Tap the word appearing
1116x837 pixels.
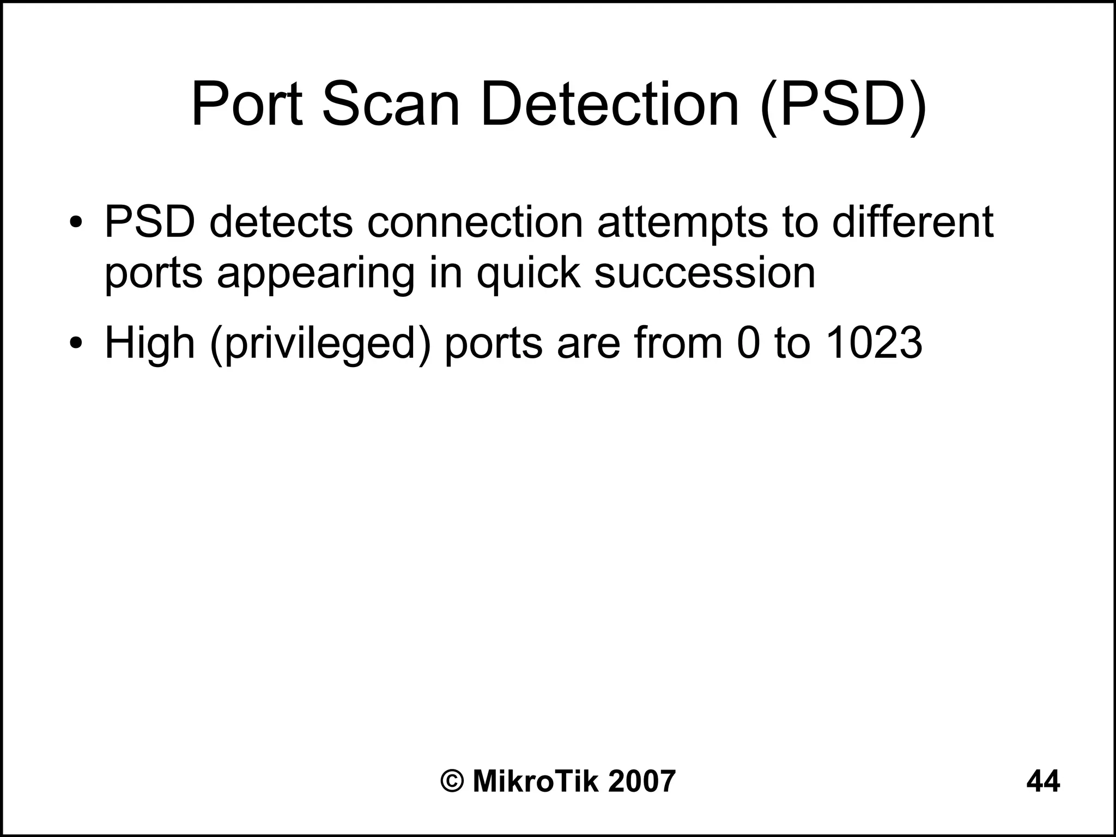pyautogui.click(x=316, y=273)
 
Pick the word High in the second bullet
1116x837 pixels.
pyautogui.click(x=150, y=344)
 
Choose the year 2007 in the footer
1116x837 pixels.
pyautogui.click(x=641, y=781)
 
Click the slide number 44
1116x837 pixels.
pyautogui.click(x=1043, y=781)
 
